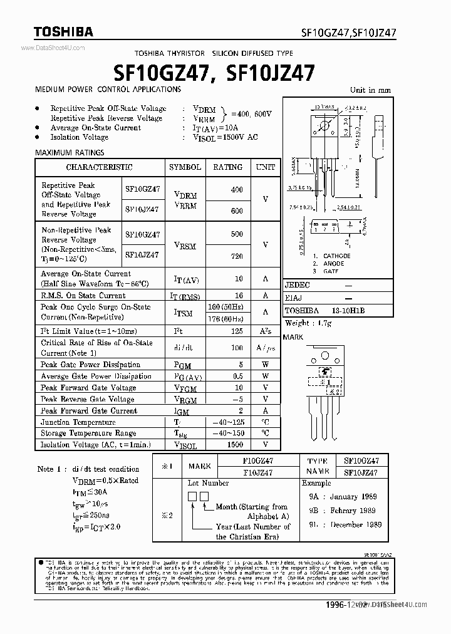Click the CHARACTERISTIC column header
tap(99, 167)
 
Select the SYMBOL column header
tap(185, 167)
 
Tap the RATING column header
tap(227, 167)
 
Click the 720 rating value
tap(236, 257)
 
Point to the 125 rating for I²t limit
tap(236, 331)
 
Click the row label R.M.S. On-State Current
tap(83, 295)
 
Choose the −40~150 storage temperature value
tap(227, 433)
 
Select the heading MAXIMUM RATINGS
tap(70, 152)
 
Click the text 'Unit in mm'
tap(370, 90)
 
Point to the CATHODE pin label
tap(336, 256)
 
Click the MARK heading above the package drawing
tap(293, 337)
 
